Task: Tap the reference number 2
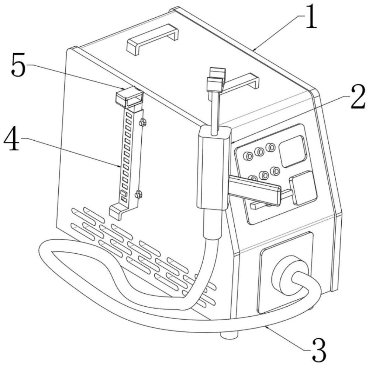(x=358, y=97)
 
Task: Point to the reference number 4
(x=11, y=138)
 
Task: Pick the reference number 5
(x=18, y=64)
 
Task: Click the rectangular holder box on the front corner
(x=213, y=168)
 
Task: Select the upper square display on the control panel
(x=293, y=151)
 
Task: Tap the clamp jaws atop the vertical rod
(x=216, y=80)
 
